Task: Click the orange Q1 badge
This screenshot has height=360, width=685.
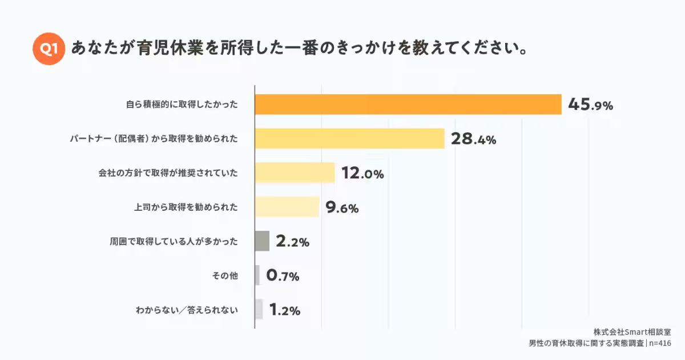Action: [x=49, y=49]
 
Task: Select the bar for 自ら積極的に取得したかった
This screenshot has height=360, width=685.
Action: [x=408, y=104]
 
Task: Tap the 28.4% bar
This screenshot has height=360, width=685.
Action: [x=349, y=138]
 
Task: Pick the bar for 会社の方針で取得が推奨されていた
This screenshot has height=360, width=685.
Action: [x=295, y=173]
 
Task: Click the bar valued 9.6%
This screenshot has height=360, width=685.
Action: [x=287, y=207]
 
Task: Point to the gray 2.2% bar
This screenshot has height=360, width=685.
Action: [x=262, y=241]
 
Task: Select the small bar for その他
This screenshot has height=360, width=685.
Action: [x=257, y=275]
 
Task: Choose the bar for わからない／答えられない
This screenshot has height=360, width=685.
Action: [x=259, y=310]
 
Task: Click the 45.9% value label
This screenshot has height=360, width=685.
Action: [x=590, y=105]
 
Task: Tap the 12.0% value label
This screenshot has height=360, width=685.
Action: [x=362, y=173]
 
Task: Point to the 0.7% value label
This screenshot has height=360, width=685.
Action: [x=283, y=276]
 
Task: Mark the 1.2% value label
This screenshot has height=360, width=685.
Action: [x=284, y=310]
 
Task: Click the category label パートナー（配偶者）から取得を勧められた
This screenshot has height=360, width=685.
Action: [x=154, y=139]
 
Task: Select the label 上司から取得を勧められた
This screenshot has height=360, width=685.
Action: [x=186, y=207]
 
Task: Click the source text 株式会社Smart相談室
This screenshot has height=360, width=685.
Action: [x=631, y=332]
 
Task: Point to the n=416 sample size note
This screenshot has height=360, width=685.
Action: [x=660, y=343]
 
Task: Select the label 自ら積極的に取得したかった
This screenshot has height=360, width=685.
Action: [x=182, y=105]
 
